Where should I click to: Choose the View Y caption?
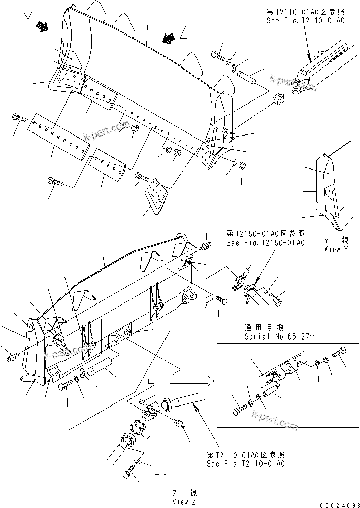tap(336, 249)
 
